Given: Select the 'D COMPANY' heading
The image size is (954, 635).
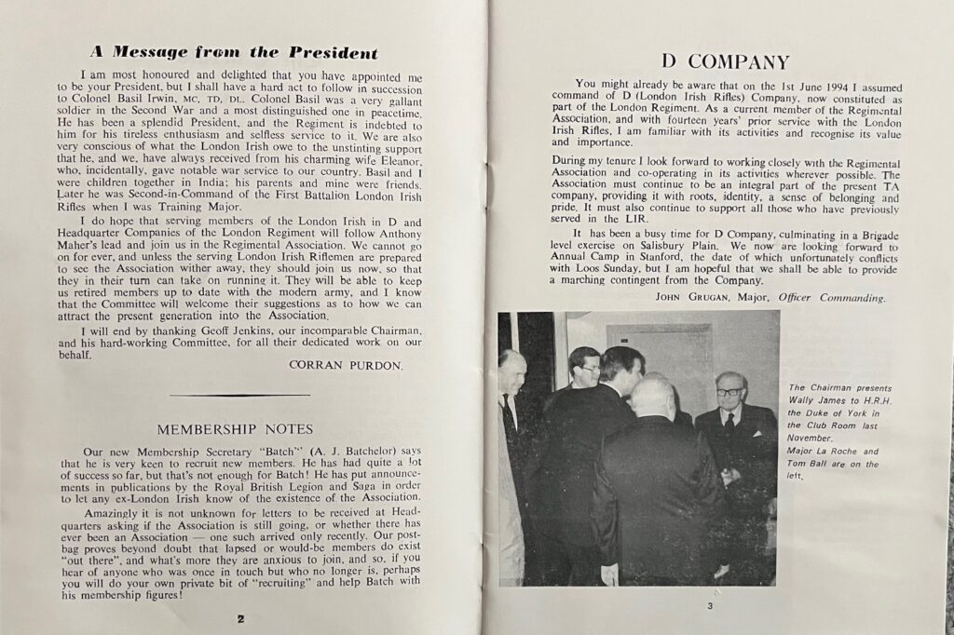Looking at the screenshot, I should pos(725,62).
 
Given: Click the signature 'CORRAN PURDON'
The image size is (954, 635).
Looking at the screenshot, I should pos(355,365).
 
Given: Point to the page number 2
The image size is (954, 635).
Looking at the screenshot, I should pos(240,617).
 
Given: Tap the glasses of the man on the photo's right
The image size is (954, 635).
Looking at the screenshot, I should pos(729,392).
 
